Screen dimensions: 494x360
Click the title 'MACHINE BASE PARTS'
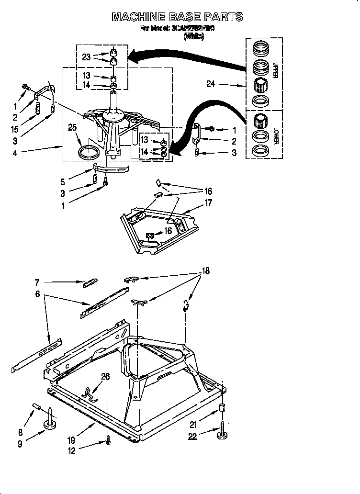point(177,17)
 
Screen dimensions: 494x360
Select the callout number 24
point(211,84)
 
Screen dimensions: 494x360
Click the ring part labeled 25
point(90,153)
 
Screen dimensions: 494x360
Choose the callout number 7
point(37,283)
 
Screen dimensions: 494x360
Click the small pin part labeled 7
point(90,283)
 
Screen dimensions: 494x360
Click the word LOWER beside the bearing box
point(275,135)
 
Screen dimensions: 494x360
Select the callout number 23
point(86,56)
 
